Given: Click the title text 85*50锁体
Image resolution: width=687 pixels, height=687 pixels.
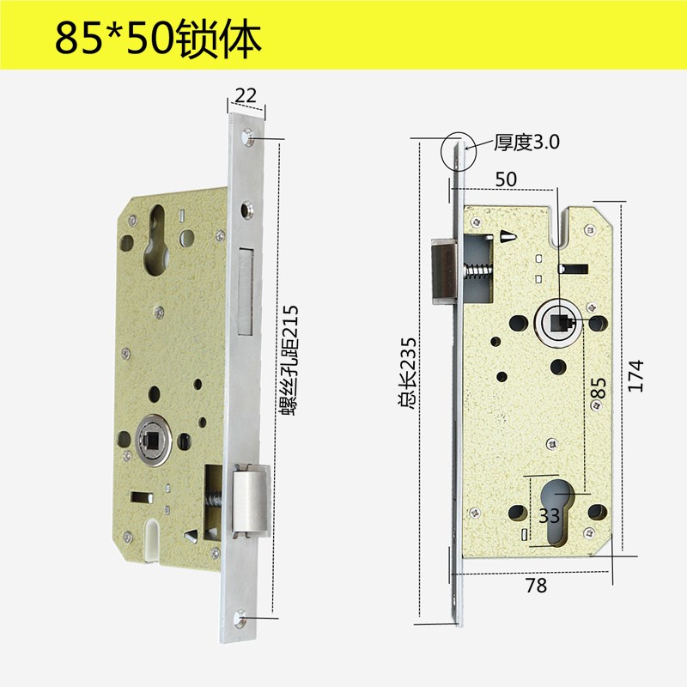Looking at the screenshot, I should pos(157,37).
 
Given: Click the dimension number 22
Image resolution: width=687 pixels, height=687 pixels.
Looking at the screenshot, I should pos(246,96).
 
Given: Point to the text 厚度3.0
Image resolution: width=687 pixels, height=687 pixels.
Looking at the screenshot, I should pos(526,143).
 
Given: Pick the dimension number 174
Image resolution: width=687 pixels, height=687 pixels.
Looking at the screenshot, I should pos(635,375).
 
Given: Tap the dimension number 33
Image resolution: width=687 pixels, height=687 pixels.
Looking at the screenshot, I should pos(549,515).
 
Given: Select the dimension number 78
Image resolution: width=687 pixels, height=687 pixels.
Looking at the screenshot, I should pos(535,586).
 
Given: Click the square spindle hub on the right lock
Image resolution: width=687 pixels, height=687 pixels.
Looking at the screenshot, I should pos(559,323).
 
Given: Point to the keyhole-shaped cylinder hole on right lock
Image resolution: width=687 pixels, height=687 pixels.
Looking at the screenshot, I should pos(560,508).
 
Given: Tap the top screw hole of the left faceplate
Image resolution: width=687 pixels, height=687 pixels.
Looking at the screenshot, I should pos(247,136).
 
